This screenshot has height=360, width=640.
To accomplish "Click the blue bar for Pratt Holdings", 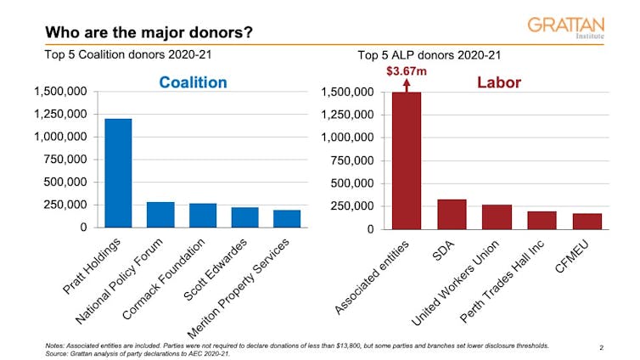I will pyautogui.click(x=118, y=173).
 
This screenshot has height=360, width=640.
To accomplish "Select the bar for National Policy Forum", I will pyautogui.click(x=160, y=215).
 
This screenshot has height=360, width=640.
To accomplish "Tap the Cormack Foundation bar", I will pyautogui.click(x=203, y=216).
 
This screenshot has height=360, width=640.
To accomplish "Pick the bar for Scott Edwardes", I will pyautogui.click(x=244, y=217).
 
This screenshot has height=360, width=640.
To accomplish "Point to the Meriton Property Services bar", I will pyautogui.click(x=287, y=218).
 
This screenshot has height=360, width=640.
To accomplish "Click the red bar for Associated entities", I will pyautogui.click(x=407, y=160).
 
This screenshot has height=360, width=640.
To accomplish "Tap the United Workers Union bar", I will pyautogui.click(x=497, y=217).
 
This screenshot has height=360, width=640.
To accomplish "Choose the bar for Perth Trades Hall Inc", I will pyautogui.click(x=542, y=220).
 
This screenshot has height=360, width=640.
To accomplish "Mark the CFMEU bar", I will pyautogui.click(x=587, y=221).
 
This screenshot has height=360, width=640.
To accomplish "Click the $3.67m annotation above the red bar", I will pyautogui.click(x=407, y=70).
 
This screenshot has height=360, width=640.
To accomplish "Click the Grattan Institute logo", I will pyautogui.click(x=566, y=27).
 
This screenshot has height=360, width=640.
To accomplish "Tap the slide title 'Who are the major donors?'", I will pyautogui.click(x=149, y=33).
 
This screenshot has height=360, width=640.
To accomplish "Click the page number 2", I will pyautogui.click(x=601, y=347).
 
